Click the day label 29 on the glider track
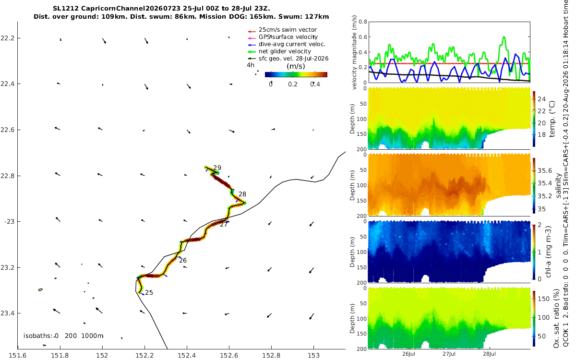217,168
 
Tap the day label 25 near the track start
149,293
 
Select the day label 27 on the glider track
224,225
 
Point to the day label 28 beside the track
242,194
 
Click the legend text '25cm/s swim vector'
288,30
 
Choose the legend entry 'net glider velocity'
285,51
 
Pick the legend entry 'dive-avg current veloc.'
292,44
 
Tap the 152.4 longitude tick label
187,356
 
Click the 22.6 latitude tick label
8,130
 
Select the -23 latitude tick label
9,222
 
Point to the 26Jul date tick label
408,354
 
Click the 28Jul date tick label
489,354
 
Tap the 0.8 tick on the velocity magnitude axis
363,22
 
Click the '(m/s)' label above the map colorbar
296,66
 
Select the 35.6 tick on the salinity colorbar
545,171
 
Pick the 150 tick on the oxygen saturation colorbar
543,299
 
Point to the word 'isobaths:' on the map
38,336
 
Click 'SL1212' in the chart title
66,9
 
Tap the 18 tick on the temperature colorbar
541,135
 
